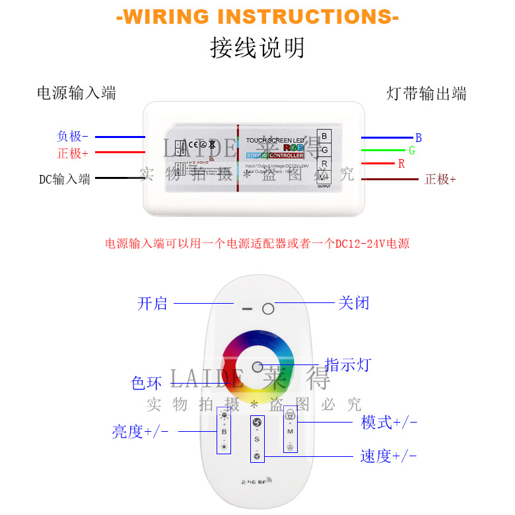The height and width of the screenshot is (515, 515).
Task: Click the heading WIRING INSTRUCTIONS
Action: pyautogui.click(x=257, y=17)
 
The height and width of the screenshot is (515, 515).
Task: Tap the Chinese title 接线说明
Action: pyautogui.click(x=257, y=48)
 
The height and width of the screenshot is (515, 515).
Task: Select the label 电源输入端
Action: pyautogui.click(x=76, y=93)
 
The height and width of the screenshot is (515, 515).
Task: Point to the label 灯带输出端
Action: pyautogui.click(x=427, y=94)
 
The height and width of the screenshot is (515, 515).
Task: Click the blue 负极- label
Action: pyautogui.click(x=73, y=137)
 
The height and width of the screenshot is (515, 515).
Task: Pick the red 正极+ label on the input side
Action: pyautogui.click(x=73, y=154)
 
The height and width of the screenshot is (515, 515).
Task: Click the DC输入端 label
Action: pyautogui.click(x=65, y=179)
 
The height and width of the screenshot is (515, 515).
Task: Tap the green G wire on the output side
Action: pyautogui.click(x=387, y=151)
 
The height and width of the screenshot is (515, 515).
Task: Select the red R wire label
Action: pyautogui.click(x=401, y=164)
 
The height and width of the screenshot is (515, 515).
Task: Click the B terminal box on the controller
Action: pyautogui.click(x=324, y=137)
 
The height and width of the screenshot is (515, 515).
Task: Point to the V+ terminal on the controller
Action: pyautogui.click(x=324, y=177)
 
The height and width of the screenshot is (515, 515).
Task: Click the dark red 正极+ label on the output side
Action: pyautogui.click(x=440, y=180)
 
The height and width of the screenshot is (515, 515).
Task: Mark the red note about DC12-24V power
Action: pyautogui.click(x=257, y=244)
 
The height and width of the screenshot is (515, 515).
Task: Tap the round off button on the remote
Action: pyautogui.click(x=268, y=308)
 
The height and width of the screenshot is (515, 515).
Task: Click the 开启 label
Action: pyautogui.click(x=153, y=304)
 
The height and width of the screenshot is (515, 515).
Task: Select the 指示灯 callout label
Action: pyautogui.click(x=348, y=365)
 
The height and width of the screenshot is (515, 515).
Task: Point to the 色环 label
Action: pyautogui.click(x=147, y=383)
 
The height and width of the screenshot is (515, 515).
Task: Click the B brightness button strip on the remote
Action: pyautogui.click(x=224, y=430)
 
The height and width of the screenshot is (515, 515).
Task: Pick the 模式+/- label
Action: pyautogui.click(x=389, y=423)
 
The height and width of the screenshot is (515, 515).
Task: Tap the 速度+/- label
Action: pyautogui.click(x=389, y=456)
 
